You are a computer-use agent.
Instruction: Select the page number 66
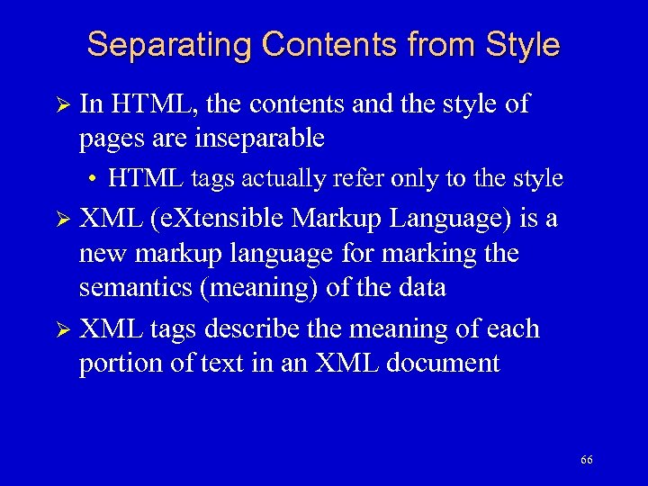[587, 460]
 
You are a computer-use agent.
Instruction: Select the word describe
[255, 328]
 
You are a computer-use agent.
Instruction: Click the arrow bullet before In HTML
[62, 105]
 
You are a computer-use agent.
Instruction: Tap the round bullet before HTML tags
[94, 179]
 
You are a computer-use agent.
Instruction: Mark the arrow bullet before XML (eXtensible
[62, 218]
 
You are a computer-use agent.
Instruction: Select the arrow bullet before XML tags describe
[62, 329]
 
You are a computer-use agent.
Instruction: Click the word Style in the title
[522, 45]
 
